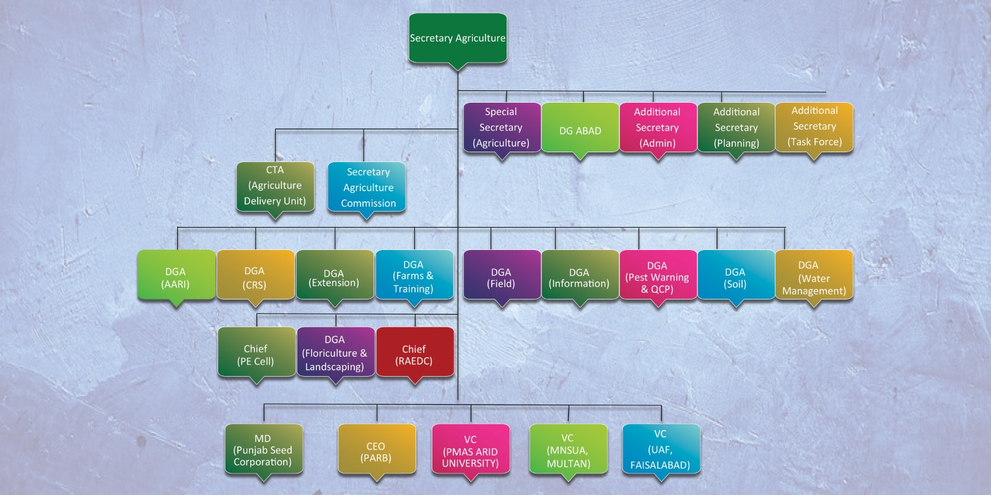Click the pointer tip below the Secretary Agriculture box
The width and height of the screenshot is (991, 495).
(458, 71)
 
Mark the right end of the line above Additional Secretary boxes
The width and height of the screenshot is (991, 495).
(826, 92)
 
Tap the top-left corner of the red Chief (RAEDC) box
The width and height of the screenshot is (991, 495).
(377, 328)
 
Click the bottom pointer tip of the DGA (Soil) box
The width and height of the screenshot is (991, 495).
(736, 307)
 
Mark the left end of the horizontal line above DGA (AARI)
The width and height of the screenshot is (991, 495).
(177, 228)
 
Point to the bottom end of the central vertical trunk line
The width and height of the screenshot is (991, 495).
(458, 400)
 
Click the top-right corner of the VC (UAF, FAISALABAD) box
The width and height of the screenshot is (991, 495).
(699, 425)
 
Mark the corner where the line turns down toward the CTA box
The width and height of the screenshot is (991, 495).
(275, 129)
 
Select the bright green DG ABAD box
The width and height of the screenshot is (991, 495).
(580, 127)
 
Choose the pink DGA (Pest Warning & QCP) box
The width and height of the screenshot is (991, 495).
(658, 275)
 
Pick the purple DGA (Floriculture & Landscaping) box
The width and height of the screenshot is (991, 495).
(335, 352)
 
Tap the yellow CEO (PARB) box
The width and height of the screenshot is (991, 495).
(377, 449)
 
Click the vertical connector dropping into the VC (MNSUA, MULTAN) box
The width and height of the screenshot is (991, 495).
(569, 415)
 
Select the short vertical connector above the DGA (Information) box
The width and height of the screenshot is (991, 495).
(555, 239)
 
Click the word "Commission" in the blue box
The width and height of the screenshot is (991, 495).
(368, 204)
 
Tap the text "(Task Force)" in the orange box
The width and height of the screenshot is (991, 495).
(814, 142)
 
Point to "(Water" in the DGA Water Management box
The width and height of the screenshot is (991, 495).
(814, 278)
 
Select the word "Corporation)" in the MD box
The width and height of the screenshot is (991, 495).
(263, 462)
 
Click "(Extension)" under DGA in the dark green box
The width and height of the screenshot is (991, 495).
(334, 283)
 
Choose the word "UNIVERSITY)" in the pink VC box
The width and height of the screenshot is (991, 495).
(470, 463)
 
